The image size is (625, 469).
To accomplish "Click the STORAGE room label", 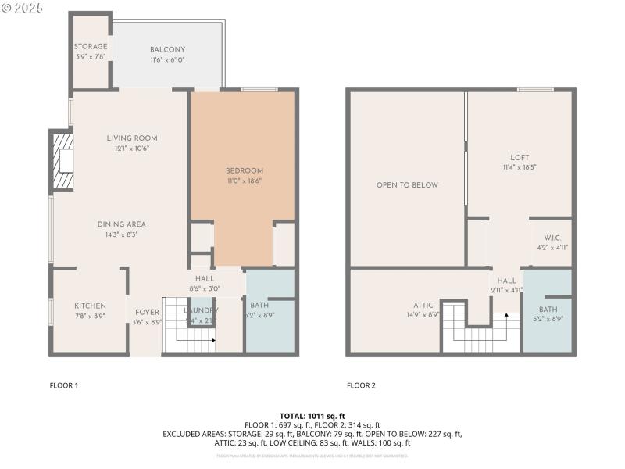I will click(91, 47).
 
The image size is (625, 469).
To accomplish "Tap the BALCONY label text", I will click(167, 49).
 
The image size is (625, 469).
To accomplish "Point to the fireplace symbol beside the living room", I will click(62, 162).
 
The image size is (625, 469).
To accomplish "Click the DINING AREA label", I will click(121, 224).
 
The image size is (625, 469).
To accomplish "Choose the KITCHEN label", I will click(90, 306).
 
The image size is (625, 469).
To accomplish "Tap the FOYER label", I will click(147, 311).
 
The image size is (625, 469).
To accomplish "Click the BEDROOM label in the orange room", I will click(245, 170).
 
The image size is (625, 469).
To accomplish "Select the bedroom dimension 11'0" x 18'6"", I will click(245, 181).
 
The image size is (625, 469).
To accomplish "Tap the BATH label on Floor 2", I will click(548, 309).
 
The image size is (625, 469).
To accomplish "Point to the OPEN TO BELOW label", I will click(407, 185).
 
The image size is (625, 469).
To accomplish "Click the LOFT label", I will click(520, 157).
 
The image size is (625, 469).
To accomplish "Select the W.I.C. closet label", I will click(552, 238).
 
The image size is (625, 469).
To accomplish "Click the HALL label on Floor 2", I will click(506, 281).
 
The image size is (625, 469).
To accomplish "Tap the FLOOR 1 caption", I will click(64, 385).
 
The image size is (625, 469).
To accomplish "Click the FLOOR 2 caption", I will click(361, 385).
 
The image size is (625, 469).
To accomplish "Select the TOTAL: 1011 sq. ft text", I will click(312, 415).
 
